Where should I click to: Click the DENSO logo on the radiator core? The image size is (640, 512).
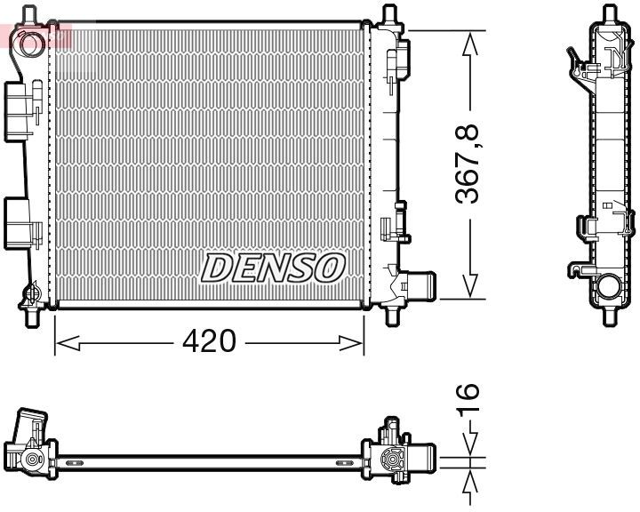[273, 267]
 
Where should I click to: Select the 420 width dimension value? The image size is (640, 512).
[209, 340]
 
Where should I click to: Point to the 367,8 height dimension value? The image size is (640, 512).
[468, 165]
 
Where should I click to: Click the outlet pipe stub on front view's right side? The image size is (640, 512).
[421, 286]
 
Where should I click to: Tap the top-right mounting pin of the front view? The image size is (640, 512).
[388, 15]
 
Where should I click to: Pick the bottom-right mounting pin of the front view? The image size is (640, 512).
[392, 315]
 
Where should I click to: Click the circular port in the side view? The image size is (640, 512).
[609, 287]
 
